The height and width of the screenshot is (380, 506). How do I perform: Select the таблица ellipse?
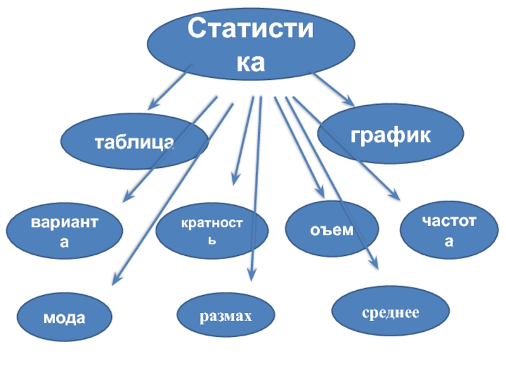pos(134,141)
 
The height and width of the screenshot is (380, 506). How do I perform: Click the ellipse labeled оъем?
pos(332,229)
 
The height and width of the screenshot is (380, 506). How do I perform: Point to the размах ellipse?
pos(226,315)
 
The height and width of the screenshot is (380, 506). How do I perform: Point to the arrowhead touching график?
pos(350,101)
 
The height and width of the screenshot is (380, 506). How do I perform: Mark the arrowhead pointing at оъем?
pos(321,193)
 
